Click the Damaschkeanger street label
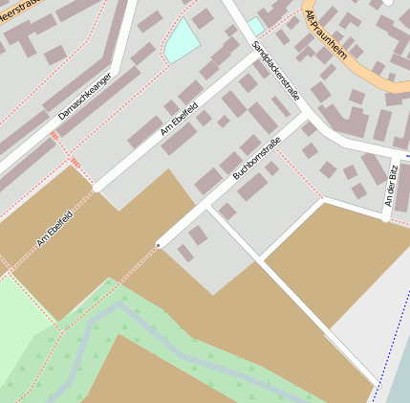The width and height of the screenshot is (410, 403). click(84, 97)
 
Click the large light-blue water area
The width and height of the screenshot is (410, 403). click(181, 40)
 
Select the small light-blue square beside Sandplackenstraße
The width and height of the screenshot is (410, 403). click(255, 26)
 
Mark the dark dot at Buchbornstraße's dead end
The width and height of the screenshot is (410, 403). click(159, 245)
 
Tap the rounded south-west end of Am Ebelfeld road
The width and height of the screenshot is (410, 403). click(97, 189)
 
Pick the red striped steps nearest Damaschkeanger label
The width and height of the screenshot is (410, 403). click(54, 139)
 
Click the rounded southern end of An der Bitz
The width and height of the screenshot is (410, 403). click(386, 217)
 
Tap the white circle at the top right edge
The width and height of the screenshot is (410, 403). click(388, 3)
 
